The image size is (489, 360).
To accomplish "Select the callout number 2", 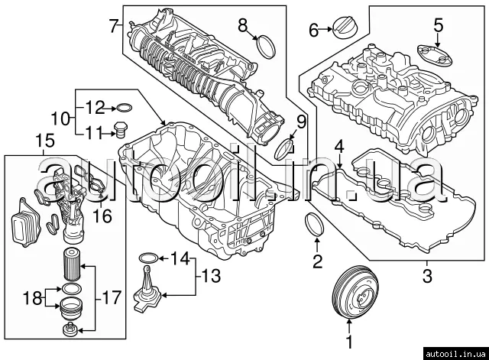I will pos(317,264).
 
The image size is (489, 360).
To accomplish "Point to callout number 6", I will pos(313,30).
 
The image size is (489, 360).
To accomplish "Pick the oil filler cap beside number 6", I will pos(341,30).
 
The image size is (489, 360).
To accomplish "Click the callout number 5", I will pos(438,25).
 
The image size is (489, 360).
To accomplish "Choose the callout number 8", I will pos(243,25).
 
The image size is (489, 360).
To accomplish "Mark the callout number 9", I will pos(300,121).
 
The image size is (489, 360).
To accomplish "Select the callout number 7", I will pos(113,25).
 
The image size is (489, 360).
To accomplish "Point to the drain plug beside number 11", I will pos(120,130).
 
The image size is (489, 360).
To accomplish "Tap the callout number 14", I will pos(180,258).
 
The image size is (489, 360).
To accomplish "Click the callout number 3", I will pos(427,273).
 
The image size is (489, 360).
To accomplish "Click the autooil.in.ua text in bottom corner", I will pos(451,352).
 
